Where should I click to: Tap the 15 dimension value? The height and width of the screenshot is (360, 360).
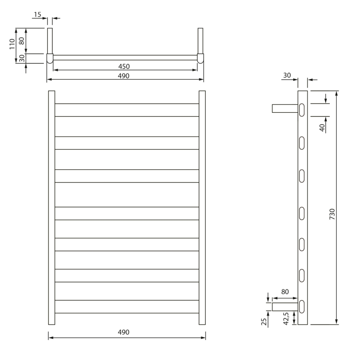(38, 15)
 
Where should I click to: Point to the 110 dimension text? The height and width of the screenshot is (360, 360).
(12, 44)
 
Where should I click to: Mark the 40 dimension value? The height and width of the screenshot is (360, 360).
(322, 127)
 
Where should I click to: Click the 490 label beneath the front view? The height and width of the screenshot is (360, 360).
(124, 332)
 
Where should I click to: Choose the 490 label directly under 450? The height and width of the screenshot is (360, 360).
(124, 75)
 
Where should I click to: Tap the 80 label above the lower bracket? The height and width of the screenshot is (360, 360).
(285, 292)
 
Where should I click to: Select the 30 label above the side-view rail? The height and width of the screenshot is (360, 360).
(287, 75)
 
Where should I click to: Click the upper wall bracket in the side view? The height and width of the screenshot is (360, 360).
(285, 109)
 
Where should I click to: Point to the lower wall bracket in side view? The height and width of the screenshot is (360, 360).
(285, 306)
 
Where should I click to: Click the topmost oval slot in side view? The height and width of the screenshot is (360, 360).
(302, 109)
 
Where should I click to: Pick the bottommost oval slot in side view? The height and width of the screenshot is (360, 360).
(302, 306)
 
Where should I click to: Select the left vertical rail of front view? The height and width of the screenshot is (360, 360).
(51, 207)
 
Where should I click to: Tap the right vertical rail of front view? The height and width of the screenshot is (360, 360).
(202, 207)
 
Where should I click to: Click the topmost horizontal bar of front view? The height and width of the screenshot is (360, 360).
(127, 110)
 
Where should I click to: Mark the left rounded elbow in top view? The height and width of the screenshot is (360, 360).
(50, 58)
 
